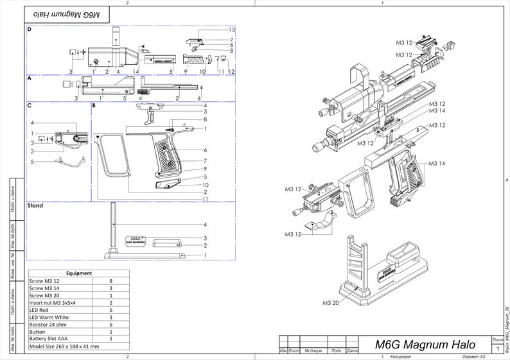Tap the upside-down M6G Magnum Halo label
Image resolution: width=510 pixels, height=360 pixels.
pos(67,13)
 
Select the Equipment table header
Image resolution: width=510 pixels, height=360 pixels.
pos(79,273)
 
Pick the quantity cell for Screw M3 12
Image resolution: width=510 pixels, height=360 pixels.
pos(111,281)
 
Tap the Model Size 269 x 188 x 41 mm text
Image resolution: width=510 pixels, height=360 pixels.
pos(64,346)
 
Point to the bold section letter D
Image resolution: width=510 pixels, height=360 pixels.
pos(30,30)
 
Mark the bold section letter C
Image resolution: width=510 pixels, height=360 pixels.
pos(30,105)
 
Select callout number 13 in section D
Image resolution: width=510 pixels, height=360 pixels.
pos(231,30)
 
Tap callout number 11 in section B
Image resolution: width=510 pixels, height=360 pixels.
pos(205,199)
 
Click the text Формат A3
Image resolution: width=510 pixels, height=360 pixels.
pos(473,356)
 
